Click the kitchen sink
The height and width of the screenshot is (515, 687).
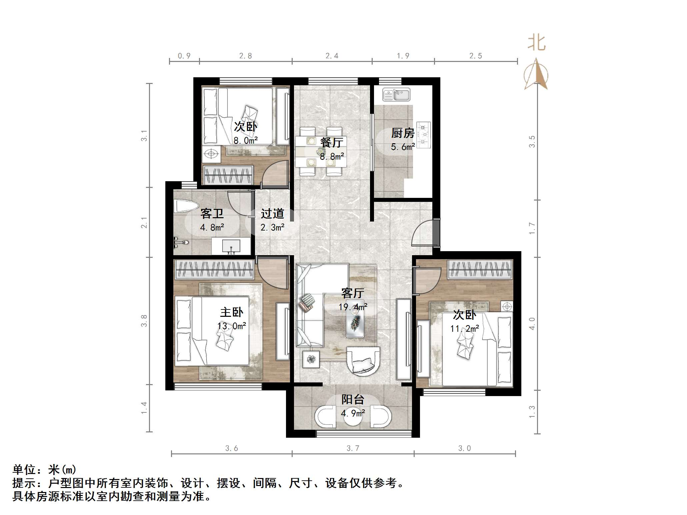pos(396,95)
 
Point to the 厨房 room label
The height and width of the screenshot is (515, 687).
pos(403,133)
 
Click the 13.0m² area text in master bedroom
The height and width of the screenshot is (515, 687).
pos(232,326)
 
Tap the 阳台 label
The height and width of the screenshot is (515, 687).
pos(353,399)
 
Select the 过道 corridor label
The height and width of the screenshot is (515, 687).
pos(272,214)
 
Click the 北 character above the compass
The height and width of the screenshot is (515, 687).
pos(536,43)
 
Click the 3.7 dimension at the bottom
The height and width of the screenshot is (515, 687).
pos(353,448)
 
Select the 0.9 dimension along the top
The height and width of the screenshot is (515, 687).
pos(184,56)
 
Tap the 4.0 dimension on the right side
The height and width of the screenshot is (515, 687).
pos(532,323)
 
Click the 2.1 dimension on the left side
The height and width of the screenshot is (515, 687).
pos(144,222)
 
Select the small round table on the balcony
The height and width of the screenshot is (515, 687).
pos(353,417)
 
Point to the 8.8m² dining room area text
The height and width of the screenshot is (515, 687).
pos(332,156)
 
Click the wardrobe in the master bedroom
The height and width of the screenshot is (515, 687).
pos(214,269)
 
